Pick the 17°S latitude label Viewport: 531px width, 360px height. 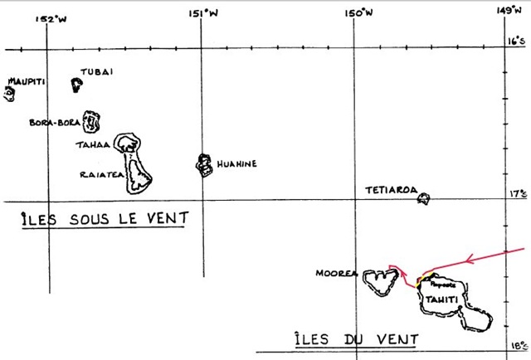point(518,193)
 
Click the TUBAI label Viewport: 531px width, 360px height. point(96,72)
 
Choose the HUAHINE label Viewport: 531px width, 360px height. point(237,163)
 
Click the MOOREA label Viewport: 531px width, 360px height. point(336,273)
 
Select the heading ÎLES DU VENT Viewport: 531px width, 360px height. point(357,339)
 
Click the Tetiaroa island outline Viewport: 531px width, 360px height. point(424,198)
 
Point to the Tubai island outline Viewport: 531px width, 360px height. point(76,84)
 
